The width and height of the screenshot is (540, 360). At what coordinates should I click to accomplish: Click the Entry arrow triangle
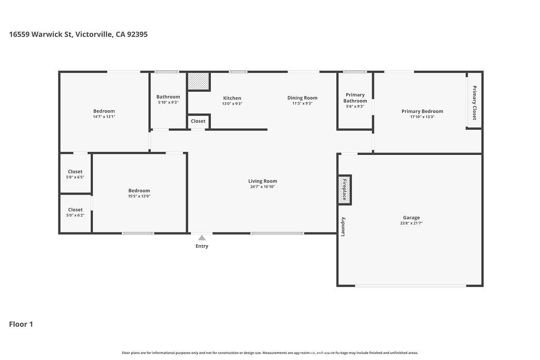(x=202, y=238)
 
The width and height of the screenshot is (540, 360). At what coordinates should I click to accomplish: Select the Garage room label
(x=411, y=218)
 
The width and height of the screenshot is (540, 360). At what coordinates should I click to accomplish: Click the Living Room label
(x=263, y=181)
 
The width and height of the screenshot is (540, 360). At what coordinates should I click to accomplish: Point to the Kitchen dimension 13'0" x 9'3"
(x=232, y=104)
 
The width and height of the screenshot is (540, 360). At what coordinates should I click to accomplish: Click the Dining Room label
(x=302, y=98)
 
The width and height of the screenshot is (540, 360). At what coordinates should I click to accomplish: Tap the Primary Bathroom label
(x=355, y=98)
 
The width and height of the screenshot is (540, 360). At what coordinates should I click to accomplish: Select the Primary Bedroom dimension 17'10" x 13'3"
(x=422, y=116)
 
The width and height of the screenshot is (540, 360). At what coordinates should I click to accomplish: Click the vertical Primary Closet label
(x=474, y=103)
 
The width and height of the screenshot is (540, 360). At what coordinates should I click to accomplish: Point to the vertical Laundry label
(x=343, y=227)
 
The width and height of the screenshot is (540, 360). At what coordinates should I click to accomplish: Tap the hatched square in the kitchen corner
(x=199, y=81)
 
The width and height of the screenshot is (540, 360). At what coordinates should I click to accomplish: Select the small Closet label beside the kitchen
(x=198, y=121)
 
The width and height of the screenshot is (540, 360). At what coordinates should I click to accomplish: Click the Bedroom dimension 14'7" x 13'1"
(x=104, y=116)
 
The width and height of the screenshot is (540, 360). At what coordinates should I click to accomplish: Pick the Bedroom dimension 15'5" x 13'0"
(x=139, y=196)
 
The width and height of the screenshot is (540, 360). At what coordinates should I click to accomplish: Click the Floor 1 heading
(x=21, y=324)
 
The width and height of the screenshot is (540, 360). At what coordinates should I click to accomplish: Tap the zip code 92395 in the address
(x=138, y=34)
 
